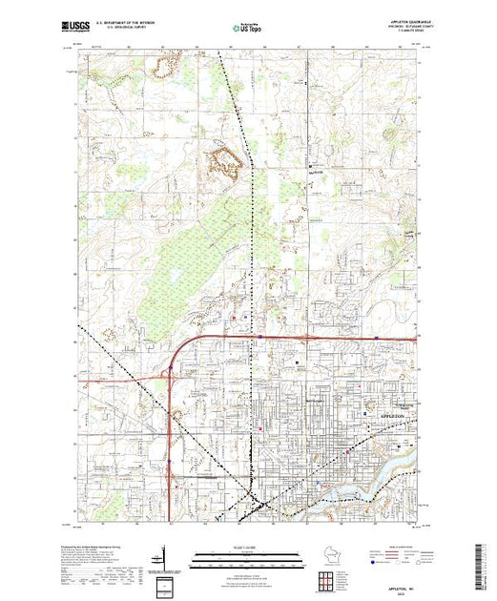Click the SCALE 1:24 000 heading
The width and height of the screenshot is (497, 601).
(248, 545)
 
